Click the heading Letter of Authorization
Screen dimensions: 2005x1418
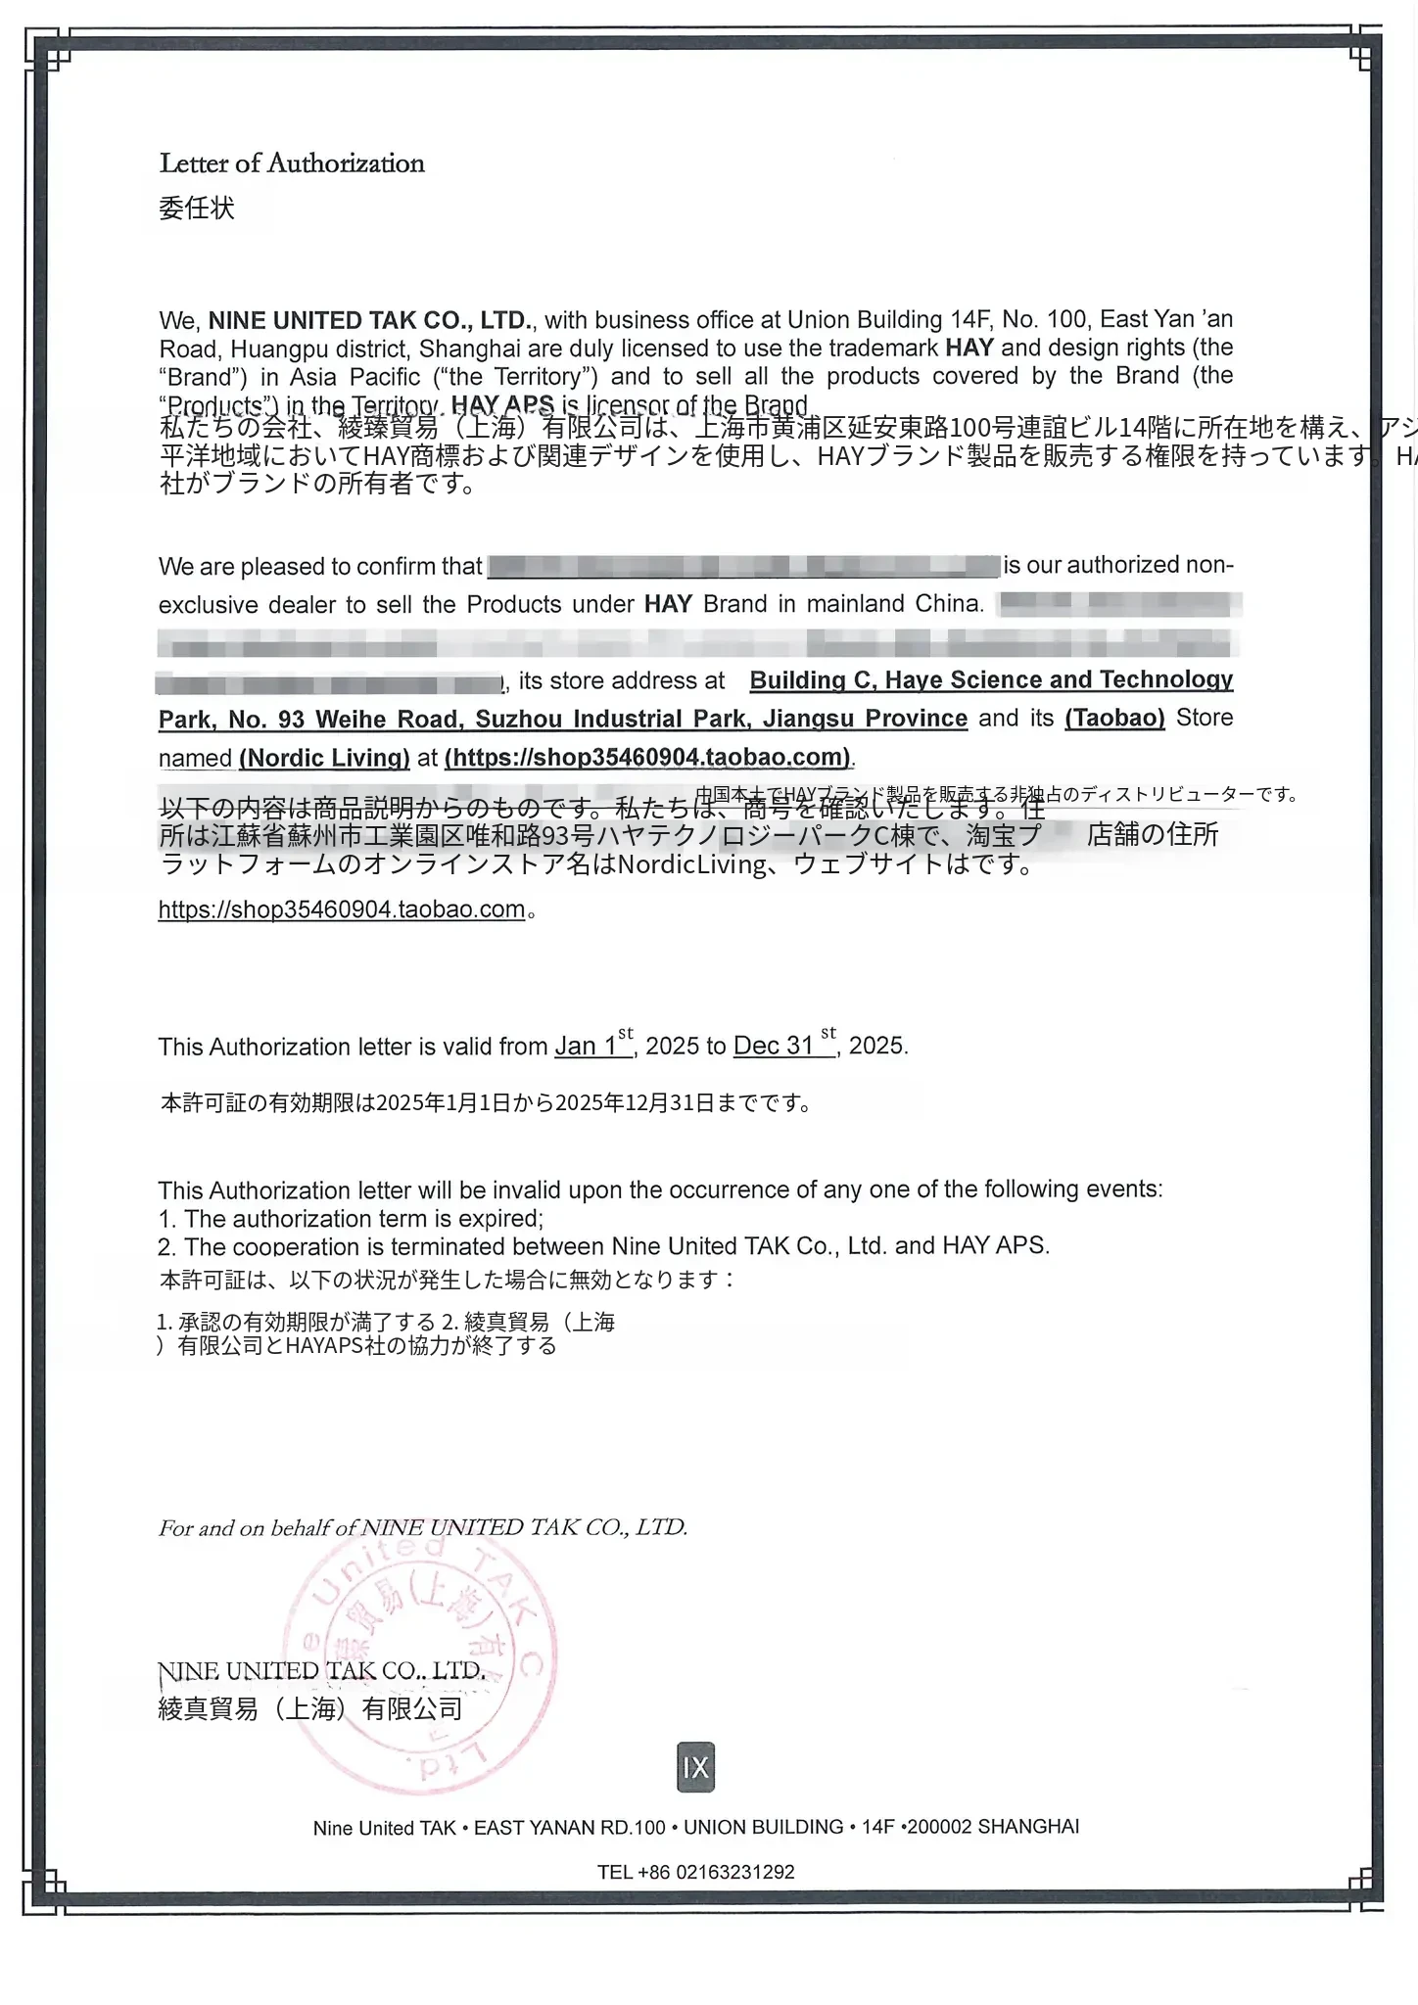tap(292, 163)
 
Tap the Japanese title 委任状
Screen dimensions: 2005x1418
tap(197, 208)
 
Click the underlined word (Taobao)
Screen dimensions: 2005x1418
tap(1114, 718)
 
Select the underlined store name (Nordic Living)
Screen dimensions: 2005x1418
tap(324, 757)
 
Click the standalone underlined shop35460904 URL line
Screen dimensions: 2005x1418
tap(342, 909)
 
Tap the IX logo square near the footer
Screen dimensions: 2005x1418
tap(695, 1767)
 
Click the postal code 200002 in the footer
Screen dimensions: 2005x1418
tap(939, 1827)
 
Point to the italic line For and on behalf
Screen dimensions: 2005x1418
tap(422, 1527)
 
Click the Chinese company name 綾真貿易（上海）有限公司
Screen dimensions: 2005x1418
tap(310, 1709)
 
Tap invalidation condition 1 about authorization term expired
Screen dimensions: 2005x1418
tap(351, 1219)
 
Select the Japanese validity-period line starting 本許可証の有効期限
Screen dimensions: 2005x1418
tap(486, 1103)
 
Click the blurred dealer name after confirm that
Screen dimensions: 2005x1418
tap(742, 566)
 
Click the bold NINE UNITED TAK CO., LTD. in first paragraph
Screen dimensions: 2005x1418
tap(369, 320)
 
